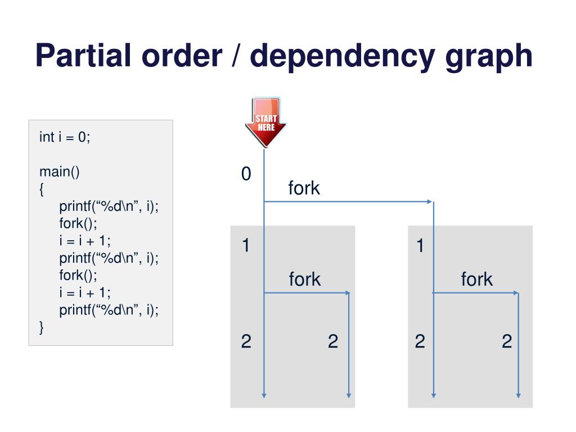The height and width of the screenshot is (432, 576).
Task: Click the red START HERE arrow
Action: click(x=265, y=121)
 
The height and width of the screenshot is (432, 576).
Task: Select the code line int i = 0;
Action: click(x=65, y=137)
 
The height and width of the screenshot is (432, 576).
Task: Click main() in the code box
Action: click(x=59, y=172)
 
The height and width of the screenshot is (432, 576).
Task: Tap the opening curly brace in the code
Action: click(x=42, y=190)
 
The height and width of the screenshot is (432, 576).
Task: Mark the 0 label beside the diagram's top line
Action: click(x=246, y=174)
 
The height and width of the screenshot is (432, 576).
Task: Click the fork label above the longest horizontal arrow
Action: click(x=304, y=188)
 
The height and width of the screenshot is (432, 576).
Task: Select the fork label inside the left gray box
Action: click(x=304, y=279)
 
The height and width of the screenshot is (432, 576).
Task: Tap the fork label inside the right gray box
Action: click(x=476, y=279)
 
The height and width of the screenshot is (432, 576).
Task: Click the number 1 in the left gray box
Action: click(x=246, y=246)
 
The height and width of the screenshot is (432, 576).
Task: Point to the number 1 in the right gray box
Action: click(x=420, y=246)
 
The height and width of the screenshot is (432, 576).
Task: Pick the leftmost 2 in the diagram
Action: click(x=246, y=341)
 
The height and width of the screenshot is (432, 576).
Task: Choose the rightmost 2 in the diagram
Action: click(x=507, y=341)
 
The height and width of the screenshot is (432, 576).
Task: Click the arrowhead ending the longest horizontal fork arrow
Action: click(x=430, y=201)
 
